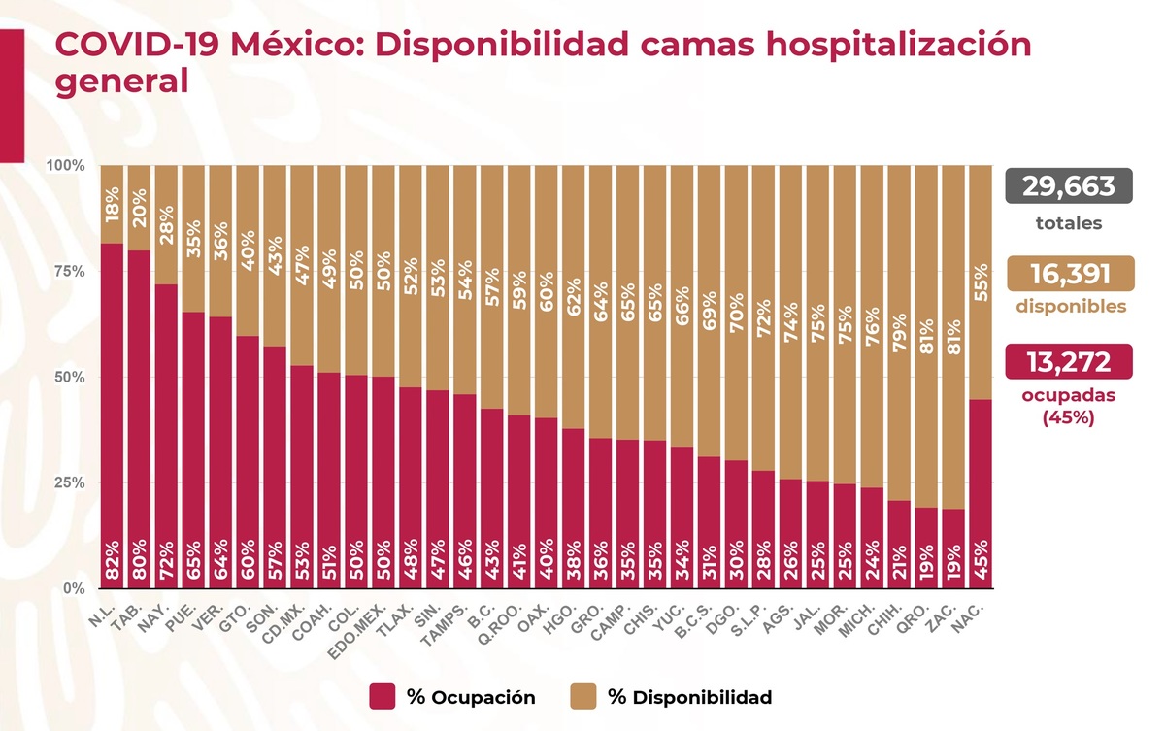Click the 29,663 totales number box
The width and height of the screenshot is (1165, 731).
tap(1068, 186)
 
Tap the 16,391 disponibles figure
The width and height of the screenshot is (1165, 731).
tap(1068, 275)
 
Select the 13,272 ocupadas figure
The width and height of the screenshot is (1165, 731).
tap(1068, 363)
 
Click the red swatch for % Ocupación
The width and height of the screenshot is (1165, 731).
tap(383, 697)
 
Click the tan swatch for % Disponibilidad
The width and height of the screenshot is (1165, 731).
tap(582, 697)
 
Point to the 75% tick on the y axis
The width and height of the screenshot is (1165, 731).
tap(65, 271)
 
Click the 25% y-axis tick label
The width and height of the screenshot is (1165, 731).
tap(65, 482)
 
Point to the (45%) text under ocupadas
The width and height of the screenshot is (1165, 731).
tap(1068, 419)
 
